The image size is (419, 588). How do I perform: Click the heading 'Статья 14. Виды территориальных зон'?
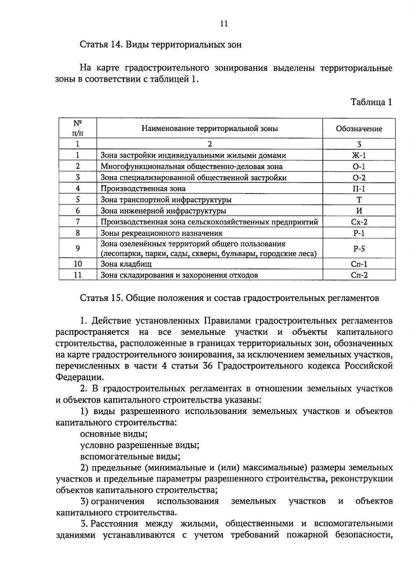point(161,45)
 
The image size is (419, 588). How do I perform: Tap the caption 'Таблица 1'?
point(371,102)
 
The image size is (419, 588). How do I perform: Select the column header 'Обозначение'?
point(359,129)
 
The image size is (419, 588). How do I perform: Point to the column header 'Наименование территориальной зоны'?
point(209,128)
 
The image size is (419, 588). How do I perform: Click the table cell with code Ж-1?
point(359,156)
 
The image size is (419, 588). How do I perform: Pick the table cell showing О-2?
point(359,178)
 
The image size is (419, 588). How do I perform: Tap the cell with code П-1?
point(359,189)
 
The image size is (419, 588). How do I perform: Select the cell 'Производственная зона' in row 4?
point(143,189)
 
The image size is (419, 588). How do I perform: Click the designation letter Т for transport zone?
point(359,200)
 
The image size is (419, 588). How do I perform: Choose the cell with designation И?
point(359,211)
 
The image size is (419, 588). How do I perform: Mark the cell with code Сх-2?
point(359,222)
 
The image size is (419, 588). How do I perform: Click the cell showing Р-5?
point(359,248)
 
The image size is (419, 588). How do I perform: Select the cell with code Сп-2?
point(359,275)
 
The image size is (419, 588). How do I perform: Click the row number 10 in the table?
point(78,264)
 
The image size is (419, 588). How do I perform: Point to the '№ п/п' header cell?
point(78,128)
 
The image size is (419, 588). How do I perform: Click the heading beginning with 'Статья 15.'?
point(229,298)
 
